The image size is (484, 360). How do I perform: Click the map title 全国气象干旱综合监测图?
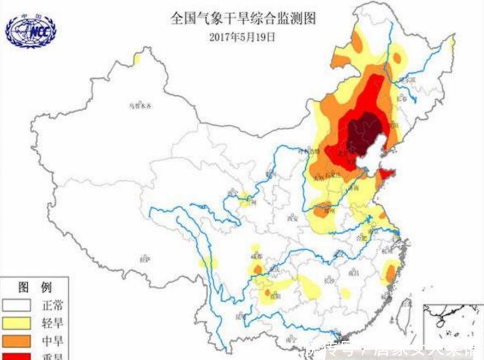click(x=243, y=19)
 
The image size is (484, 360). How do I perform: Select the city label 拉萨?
click(x=144, y=258)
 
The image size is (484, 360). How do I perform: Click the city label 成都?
click(x=256, y=255)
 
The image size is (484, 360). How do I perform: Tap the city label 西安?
click(x=294, y=219)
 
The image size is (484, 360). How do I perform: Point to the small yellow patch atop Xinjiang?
click(x=137, y=58)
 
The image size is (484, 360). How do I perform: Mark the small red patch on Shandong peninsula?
click(x=386, y=174)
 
